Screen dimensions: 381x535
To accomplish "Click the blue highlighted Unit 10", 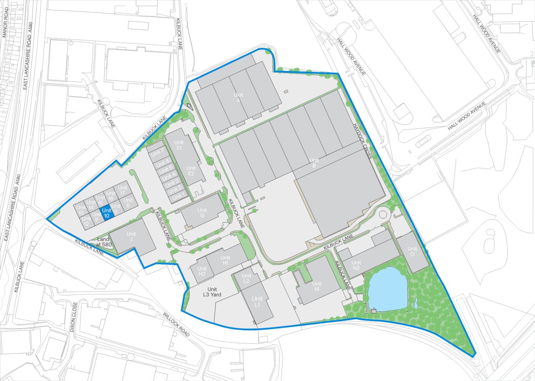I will click(107, 212).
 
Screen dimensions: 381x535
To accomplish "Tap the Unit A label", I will click(239, 98).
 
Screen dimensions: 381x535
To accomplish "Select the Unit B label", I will click(314, 163).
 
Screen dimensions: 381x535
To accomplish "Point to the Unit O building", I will click(412, 251).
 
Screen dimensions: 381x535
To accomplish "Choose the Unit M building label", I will click(317, 286).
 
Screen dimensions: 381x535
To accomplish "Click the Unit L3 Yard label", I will click(212, 292).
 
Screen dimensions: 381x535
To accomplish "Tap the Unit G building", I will click(202, 213).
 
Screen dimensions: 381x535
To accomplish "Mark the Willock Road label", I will click(177, 324).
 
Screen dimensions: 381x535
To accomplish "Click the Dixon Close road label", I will click(73, 317).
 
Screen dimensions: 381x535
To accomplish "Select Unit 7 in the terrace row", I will click(157, 152).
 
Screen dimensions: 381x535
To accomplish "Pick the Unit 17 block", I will click(123, 190).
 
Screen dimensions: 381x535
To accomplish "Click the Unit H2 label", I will click(202, 271).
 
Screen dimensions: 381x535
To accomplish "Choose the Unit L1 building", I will click(257, 302).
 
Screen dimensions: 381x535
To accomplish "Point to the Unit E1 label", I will click(179, 145).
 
